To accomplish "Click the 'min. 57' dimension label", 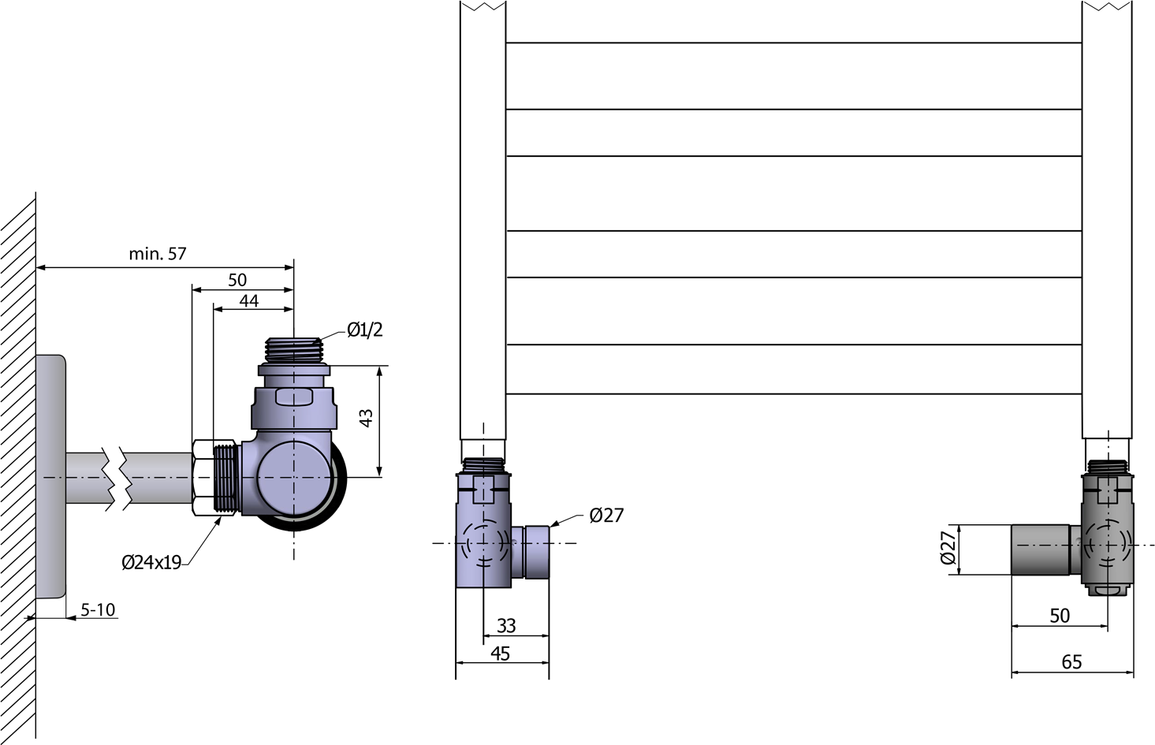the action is click(x=157, y=254).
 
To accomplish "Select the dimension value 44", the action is click(x=249, y=301).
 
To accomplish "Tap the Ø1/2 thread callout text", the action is click(x=365, y=330).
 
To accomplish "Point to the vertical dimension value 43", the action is click(x=366, y=418).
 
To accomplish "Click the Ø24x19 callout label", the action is click(x=151, y=562).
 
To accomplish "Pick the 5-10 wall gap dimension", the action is click(x=98, y=610).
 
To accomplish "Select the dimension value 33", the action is click(x=506, y=626).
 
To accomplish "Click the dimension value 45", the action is click(x=500, y=654).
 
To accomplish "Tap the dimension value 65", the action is click(x=1071, y=662).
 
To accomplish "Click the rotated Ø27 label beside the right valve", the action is click(x=948, y=549).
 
